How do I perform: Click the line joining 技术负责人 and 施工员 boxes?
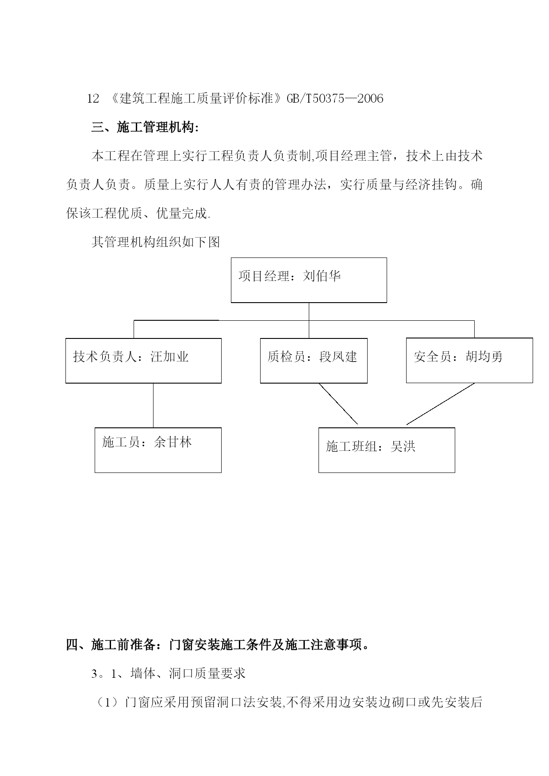154,405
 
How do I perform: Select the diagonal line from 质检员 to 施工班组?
338,403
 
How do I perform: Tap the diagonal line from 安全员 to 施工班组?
441,404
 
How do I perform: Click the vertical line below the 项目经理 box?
309,321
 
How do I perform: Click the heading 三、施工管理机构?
145,128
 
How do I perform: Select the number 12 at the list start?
93,98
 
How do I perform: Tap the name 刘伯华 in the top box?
322,277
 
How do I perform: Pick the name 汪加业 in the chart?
169,357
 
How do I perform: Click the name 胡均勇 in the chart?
484,357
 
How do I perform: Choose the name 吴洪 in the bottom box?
403,446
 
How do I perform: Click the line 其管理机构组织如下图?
156,242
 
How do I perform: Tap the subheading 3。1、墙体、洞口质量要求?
168,674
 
